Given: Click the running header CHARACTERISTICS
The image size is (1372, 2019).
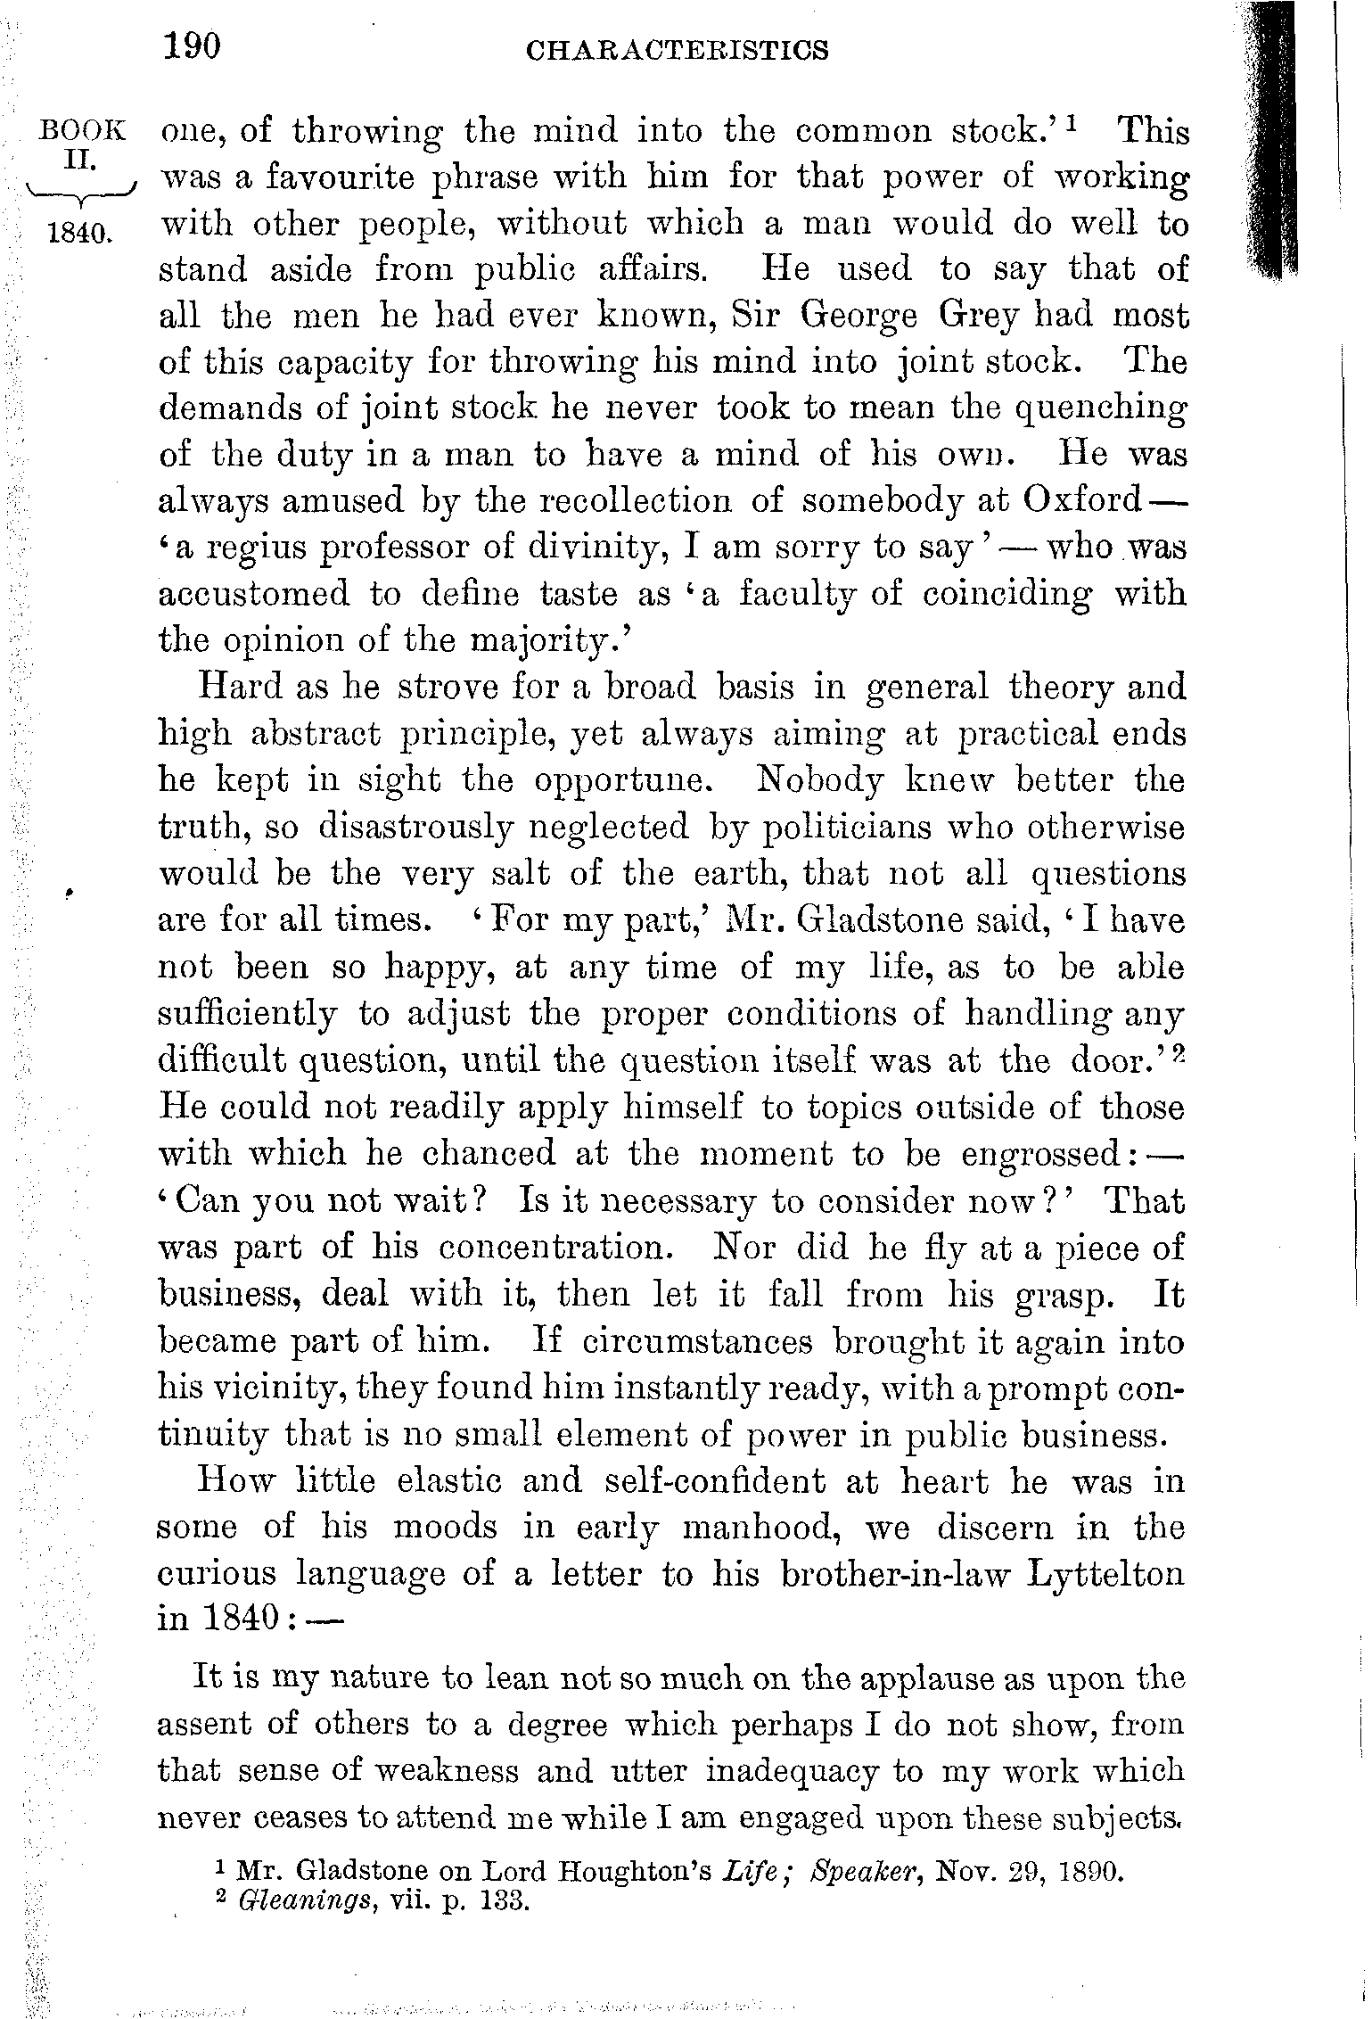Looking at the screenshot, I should [678, 50].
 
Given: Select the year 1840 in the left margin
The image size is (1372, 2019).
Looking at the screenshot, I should [79, 235].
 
